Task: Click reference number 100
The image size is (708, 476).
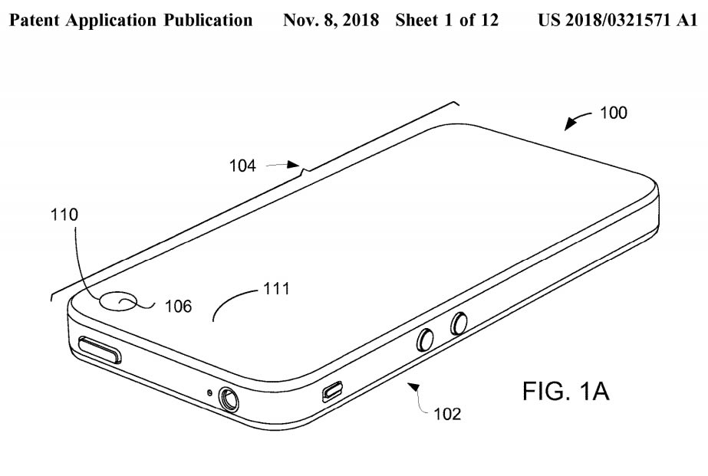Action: (613, 113)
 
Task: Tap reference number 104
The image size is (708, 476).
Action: (242, 166)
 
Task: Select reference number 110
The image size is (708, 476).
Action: (64, 215)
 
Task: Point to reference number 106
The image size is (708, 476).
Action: (179, 307)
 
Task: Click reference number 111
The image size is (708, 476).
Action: (276, 288)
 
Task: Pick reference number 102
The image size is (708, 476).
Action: (447, 414)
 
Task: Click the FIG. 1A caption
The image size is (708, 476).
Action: (566, 391)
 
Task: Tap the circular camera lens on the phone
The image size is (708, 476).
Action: (118, 301)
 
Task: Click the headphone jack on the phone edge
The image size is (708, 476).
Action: (229, 399)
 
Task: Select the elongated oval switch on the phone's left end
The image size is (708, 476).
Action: (100, 350)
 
